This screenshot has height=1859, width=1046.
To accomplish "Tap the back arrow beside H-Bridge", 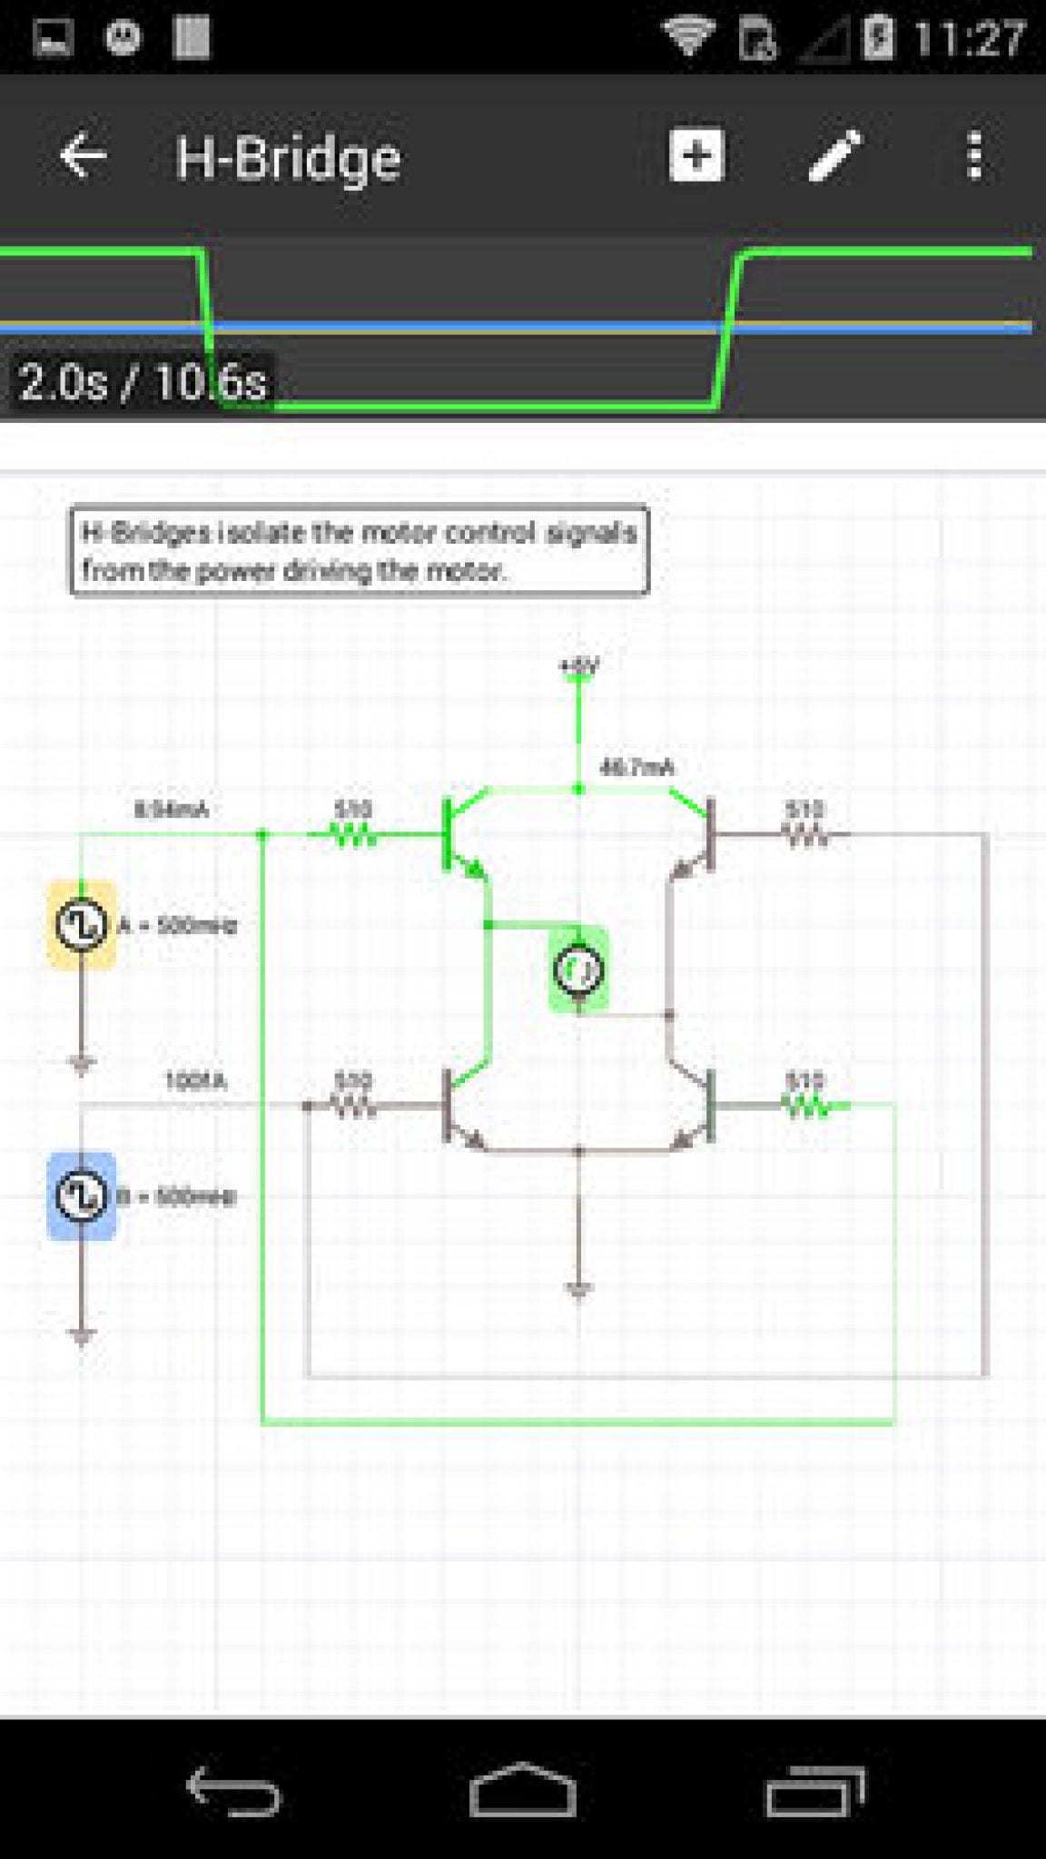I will pos(83,156).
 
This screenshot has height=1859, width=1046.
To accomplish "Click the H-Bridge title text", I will pos(288,159).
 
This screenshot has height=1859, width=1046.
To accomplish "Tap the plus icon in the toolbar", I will pos(696,155).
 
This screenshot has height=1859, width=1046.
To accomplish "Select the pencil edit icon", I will pos(834,156).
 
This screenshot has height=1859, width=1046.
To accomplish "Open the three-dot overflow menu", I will pos(974,156).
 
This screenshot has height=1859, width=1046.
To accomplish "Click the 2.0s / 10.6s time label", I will pos(143,382).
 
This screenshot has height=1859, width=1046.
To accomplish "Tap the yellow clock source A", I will pos(81,924).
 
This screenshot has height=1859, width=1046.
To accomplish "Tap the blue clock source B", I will pos(81,1195).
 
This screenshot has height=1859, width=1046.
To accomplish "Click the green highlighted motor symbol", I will pos(578,969).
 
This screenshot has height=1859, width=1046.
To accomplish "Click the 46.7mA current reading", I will pos(636,768).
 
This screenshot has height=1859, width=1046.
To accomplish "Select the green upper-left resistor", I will pos(352,834).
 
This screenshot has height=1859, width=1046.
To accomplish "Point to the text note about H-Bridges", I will pos(360,551).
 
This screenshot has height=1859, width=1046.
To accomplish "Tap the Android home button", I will pos(523,1790).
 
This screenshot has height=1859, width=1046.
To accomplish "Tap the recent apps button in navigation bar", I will pos(814,1790).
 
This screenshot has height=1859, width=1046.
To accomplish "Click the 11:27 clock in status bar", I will pos(969,39).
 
